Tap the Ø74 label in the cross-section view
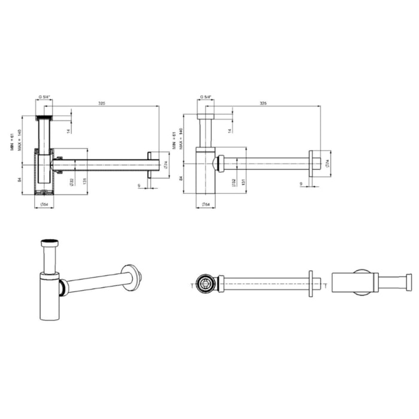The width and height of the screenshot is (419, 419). click(164, 164)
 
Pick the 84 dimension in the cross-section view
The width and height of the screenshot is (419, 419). click(20, 179)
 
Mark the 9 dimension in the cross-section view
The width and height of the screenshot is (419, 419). click(139, 186)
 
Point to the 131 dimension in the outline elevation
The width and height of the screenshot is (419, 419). click(244, 181)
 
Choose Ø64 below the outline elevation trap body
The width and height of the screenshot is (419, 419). click(205, 205)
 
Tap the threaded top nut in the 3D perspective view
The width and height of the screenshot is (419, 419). click(50, 244)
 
